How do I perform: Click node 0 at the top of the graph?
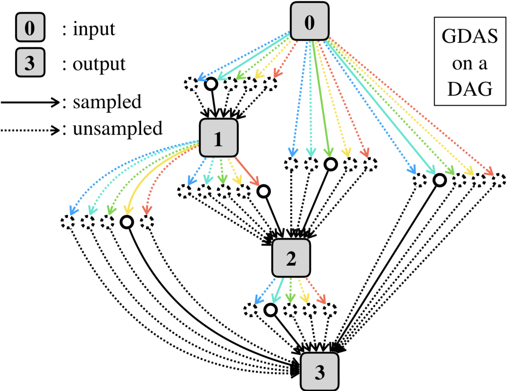click(x=309, y=21)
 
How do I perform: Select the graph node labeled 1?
click(x=218, y=138)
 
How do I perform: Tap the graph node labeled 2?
click(x=291, y=258)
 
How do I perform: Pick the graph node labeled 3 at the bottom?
click(x=319, y=372)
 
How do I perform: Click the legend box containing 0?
click(x=30, y=27)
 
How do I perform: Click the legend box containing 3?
click(x=30, y=62)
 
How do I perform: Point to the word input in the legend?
click(x=94, y=29)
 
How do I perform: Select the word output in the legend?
click(x=99, y=64)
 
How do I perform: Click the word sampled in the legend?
click(x=107, y=102)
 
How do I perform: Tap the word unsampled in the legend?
click(x=118, y=129)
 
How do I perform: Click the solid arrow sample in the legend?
click(x=30, y=102)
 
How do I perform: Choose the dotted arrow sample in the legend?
click(x=30, y=130)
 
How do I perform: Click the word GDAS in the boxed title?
click(x=470, y=36)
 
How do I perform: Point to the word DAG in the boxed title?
click(x=470, y=89)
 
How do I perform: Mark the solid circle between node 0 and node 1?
click(x=211, y=84)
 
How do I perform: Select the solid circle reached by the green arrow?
click(x=331, y=164)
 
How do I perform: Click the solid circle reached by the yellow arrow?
click(x=127, y=222)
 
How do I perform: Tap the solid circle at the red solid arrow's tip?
click(x=264, y=191)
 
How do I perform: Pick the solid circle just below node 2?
click(x=271, y=310)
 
